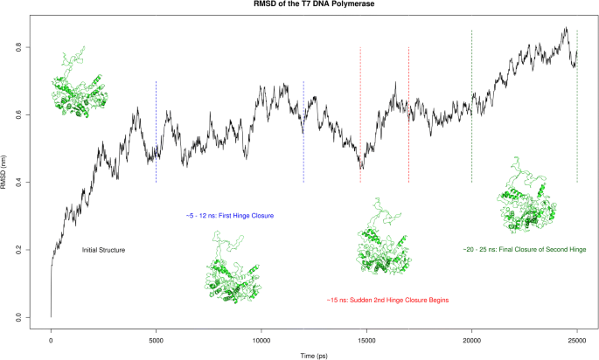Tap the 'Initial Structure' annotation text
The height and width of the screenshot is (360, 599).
103,251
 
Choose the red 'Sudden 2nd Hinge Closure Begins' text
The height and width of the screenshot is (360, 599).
387,301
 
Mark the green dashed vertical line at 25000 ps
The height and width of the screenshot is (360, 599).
577,131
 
